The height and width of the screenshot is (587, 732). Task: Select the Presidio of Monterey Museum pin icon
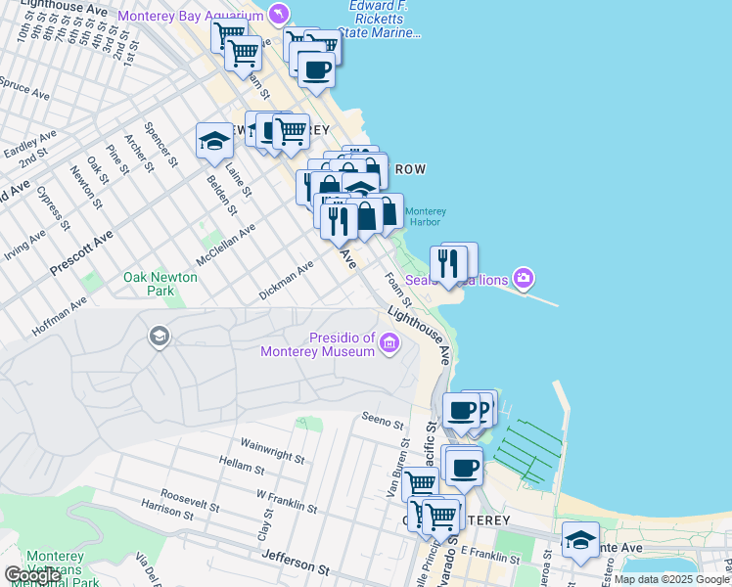point(389,341)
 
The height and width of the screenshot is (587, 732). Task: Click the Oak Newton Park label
point(160,284)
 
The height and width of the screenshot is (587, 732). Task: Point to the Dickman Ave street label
point(286,280)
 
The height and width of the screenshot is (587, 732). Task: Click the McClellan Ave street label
point(225,247)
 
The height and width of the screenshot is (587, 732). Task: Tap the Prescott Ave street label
point(82,252)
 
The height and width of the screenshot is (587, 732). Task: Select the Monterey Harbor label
point(425,216)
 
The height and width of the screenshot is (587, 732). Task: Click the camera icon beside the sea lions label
point(524,279)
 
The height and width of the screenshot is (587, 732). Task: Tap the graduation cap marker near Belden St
point(214,141)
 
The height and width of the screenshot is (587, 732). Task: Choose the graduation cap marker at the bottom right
point(580,539)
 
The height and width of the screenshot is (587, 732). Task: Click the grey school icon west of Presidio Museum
point(158,338)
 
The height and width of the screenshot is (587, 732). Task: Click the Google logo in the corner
point(32,575)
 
